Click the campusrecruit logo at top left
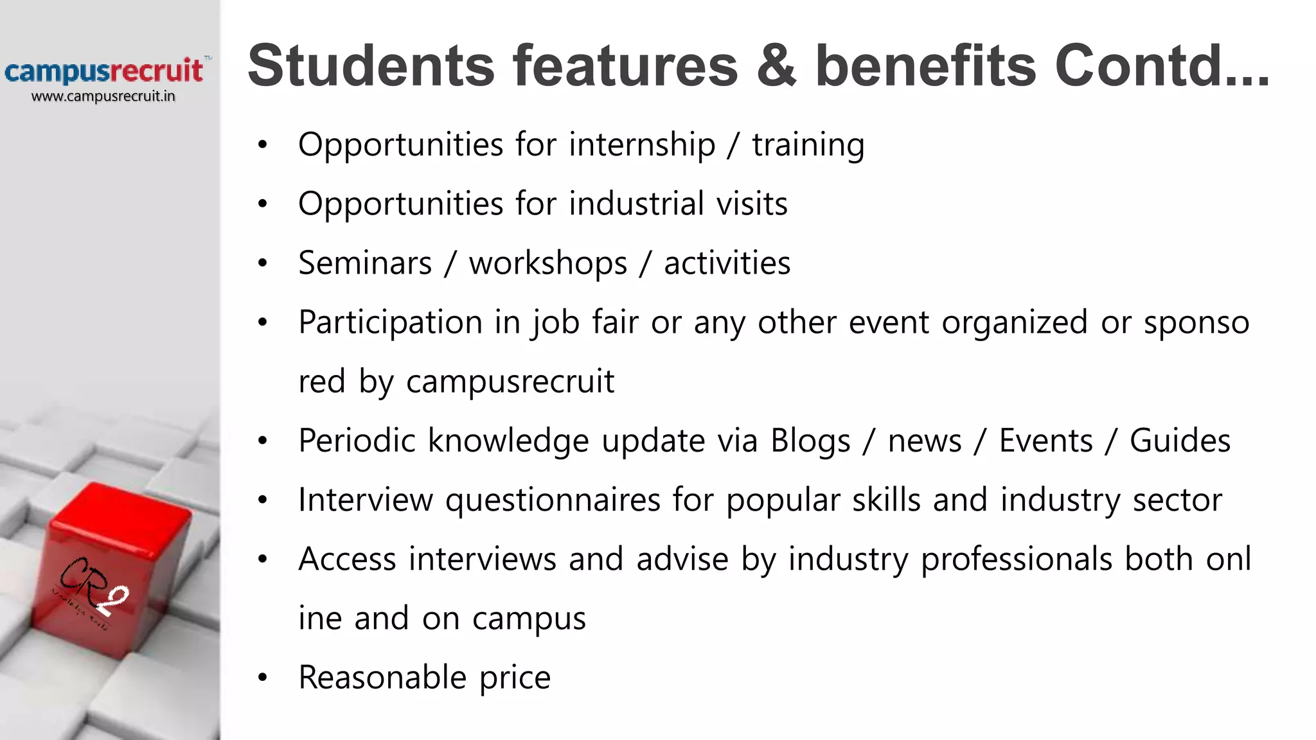tap(104, 71)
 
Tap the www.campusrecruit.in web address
tap(103, 96)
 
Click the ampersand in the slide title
tap(776, 66)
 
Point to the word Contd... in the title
tap(1162, 66)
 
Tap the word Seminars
tap(365, 263)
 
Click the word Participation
tap(390, 322)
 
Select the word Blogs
tap(810, 441)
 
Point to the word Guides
tap(1180, 441)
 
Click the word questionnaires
tap(553, 500)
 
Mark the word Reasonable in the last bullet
tap(382, 678)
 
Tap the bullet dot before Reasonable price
tap(262, 678)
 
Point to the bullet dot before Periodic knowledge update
tap(262, 441)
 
